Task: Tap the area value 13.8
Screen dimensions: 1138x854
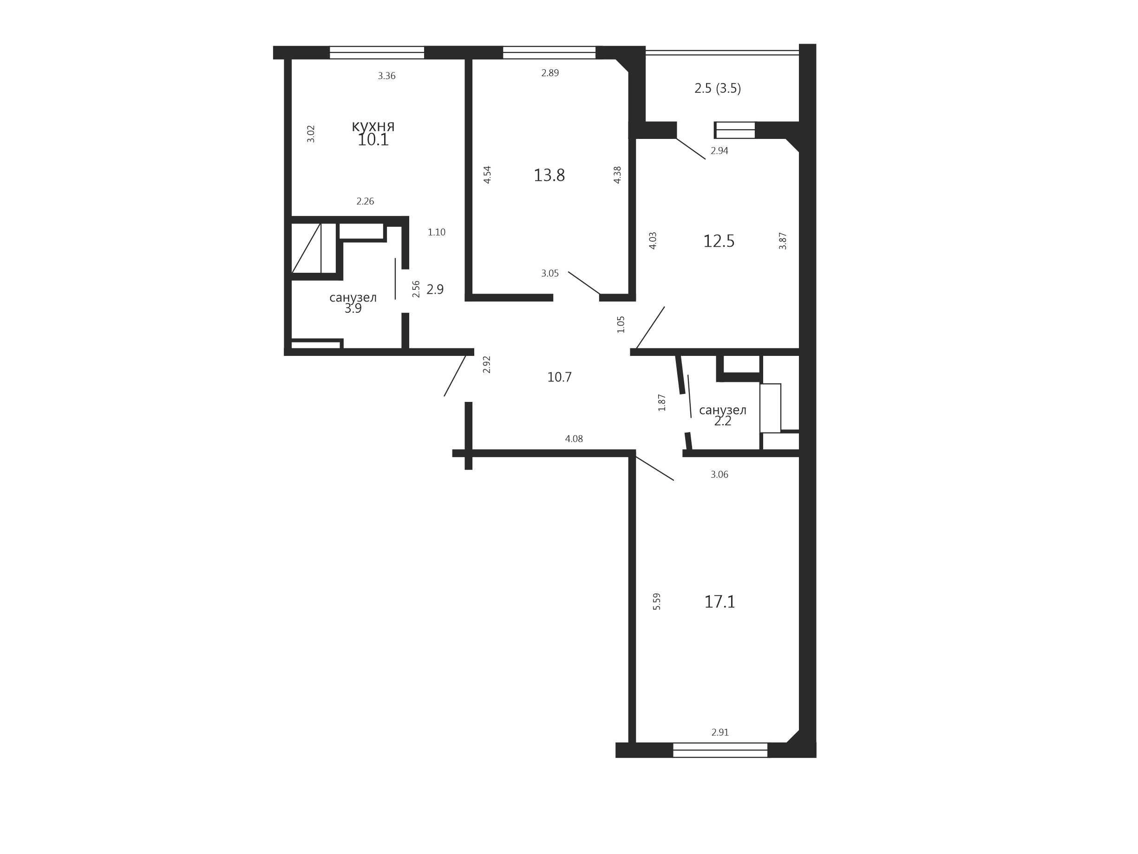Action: (x=549, y=176)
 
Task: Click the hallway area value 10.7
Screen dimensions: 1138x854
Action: (x=559, y=377)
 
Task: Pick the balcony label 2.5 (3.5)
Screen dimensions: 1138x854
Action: (x=718, y=89)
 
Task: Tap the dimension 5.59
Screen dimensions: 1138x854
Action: (x=656, y=602)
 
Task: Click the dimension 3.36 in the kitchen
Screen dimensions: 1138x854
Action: (x=386, y=76)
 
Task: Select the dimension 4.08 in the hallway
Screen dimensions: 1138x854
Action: (x=574, y=439)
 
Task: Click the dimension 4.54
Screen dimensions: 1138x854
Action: (x=487, y=175)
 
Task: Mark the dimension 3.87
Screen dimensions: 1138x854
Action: (x=783, y=241)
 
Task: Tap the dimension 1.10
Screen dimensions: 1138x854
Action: (x=436, y=232)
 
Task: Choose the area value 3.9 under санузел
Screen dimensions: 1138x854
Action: (x=353, y=309)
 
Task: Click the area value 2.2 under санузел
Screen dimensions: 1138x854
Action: (x=722, y=421)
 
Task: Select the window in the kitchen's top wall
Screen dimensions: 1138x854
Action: (x=377, y=53)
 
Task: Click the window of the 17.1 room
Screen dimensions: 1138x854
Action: (x=720, y=750)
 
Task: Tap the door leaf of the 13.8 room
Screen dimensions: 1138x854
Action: (x=584, y=282)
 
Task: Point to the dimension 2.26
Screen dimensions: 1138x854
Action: (x=365, y=201)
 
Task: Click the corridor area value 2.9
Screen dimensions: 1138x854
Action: (x=435, y=289)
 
